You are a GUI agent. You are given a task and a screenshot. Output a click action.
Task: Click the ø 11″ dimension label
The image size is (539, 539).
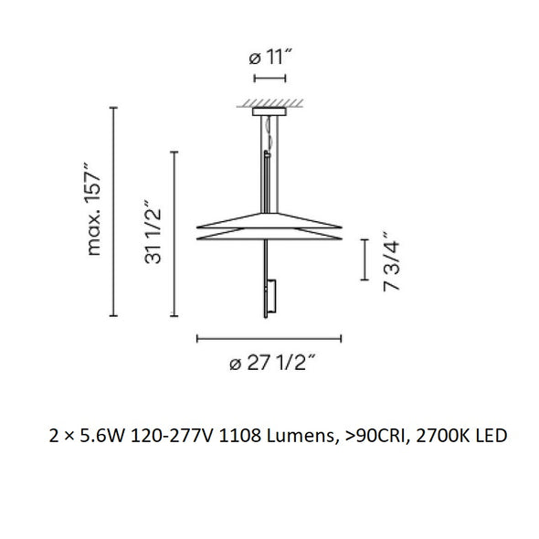pos(270,57)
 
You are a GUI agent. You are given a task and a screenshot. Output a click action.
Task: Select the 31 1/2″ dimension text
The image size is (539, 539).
pos(153,231)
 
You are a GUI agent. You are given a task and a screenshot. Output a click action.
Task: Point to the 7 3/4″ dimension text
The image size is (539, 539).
pos(391,261)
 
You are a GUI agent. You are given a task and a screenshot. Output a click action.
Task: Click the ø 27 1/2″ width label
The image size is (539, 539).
pos(272,363)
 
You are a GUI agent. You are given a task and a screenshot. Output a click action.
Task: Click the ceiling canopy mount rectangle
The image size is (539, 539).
pos(269,111)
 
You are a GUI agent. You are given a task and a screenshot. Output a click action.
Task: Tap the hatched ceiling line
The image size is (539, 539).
pos(269,103)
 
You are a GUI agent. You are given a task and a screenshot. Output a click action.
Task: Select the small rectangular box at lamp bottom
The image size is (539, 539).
pos(271,296)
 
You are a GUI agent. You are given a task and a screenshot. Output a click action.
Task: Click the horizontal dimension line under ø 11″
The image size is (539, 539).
pos(269,79)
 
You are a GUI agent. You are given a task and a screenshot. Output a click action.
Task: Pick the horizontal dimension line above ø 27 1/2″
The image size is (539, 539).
pos(269,339)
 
